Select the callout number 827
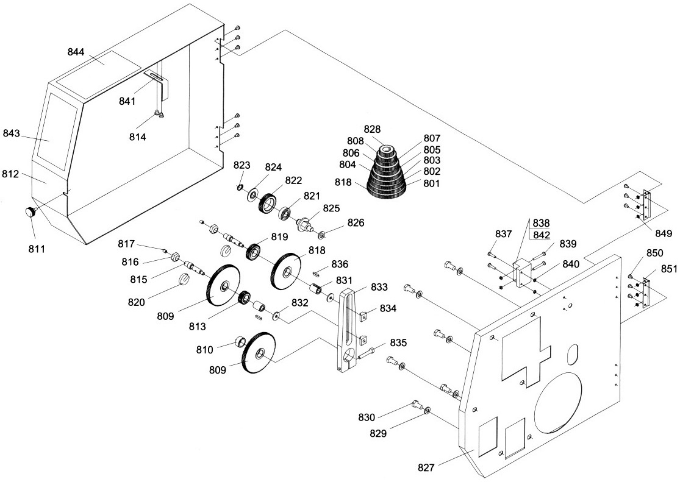click(426, 468)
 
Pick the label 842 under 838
click(541, 235)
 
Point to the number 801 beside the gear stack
click(431, 183)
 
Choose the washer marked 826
click(322, 235)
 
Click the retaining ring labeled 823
click(240, 187)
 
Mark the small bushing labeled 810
click(240, 342)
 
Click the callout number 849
click(664, 233)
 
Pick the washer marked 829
click(427, 409)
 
